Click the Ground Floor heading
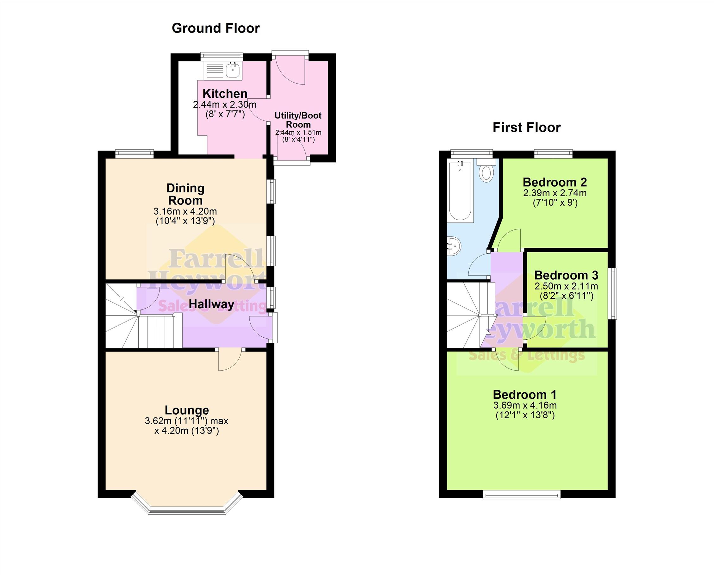point(216,28)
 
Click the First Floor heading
point(527,128)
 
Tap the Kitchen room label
point(225,93)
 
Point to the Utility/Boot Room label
point(298,120)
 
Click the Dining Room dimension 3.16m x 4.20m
point(185,211)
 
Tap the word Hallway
point(211,304)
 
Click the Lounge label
point(187,410)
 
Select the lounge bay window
point(187,504)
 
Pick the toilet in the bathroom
point(486,170)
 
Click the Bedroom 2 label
point(555,182)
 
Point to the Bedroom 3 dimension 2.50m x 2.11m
point(566,286)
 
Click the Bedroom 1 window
point(522,495)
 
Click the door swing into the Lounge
point(230,360)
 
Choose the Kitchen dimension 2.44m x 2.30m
point(225,105)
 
